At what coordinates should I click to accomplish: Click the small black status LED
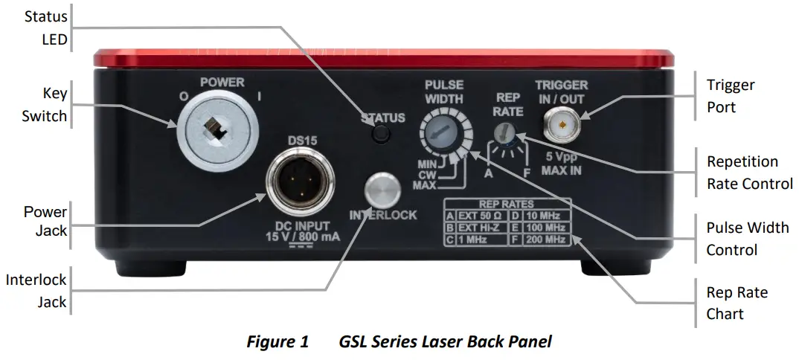382,134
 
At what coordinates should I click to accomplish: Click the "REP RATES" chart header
507,204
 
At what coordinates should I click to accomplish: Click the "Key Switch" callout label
45,104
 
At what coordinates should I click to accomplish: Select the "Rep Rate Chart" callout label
737,303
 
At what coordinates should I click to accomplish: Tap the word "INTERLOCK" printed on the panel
382,216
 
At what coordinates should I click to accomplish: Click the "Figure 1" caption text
277,342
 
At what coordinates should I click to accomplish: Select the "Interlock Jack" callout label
36,291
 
